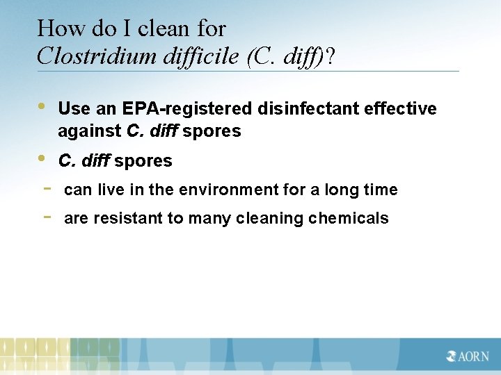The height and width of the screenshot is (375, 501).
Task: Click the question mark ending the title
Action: pyautogui.click(x=329, y=56)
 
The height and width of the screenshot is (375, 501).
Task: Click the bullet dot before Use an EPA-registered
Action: pyautogui.click(x=42, y=107)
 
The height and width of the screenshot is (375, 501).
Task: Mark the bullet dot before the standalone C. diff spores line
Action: pyautogui.click(x=42, y=158)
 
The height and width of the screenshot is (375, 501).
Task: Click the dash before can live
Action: pyautogui.click(x=45, y=188)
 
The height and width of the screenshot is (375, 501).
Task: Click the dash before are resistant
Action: pyautogui.click(x=45, y=217)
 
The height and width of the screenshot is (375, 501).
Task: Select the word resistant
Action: pyautogui.click(x=122, y=218)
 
